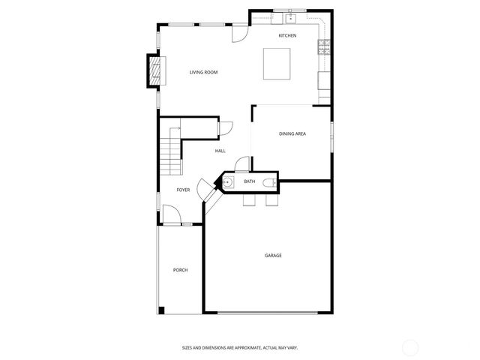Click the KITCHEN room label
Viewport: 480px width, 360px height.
tap(287, 36)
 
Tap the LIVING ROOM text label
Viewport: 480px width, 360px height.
tap(203, 72)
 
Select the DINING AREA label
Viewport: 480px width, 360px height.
tap(292, 134)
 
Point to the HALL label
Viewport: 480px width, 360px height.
tap(220, 151)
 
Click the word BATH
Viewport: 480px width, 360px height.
tap(250, 181)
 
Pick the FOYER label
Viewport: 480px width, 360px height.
tap(183, 190)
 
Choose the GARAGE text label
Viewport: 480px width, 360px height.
tap(273, 256)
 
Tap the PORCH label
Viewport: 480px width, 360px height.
tap(180, 270)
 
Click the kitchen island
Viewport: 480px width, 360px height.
tap(277, 64)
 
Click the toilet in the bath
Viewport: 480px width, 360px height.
tap(268, 181)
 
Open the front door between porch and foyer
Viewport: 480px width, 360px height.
tap(172, 217)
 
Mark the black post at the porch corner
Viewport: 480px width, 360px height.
tap(161, 310)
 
